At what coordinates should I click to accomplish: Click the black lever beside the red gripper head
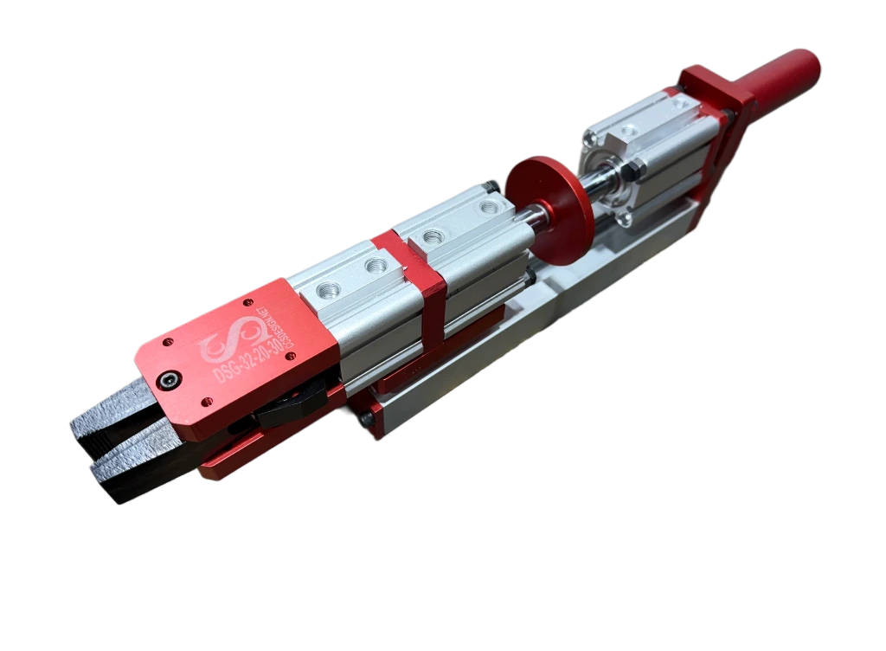(x=290, y=407)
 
